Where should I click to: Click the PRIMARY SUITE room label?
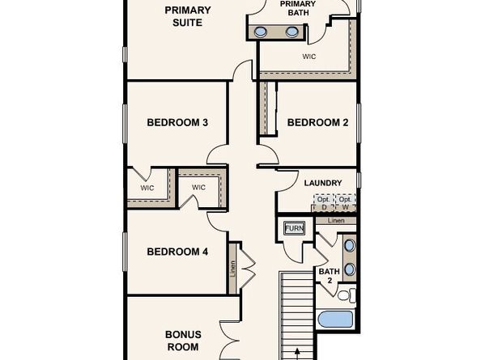coord(188,16)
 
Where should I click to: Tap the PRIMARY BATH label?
coord(298,8)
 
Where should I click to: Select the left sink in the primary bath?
coord(262,32)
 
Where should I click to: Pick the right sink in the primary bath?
coord(292,32)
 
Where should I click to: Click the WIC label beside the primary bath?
coord(309,57)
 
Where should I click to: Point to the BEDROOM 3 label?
coord(177,123)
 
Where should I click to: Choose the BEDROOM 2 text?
coord(317,123)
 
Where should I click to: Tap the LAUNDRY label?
coord(322,184)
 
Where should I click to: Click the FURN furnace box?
coord(294,229)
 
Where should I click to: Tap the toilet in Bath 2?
coord(346,294)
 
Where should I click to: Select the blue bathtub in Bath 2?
coord(335,318)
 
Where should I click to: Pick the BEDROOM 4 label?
coord(177,252)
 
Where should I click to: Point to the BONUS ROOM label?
coord(183,340)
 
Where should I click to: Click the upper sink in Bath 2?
coord(349,245)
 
